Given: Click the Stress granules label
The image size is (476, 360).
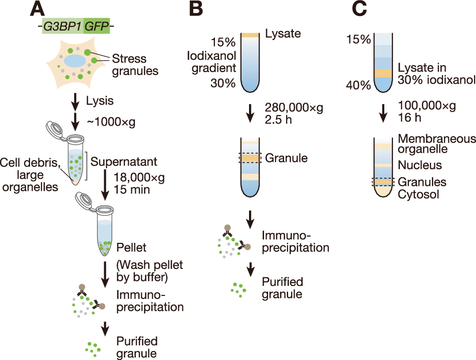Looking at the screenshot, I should (134, 64).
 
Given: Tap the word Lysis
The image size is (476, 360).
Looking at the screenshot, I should (100, 101).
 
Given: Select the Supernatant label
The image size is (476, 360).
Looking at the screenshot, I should (123, 162).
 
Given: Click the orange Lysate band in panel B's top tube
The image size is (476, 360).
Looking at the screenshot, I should (250, 35).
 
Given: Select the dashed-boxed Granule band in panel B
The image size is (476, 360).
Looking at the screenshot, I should (250, 158).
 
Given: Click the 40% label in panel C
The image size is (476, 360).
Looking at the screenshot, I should (358, 85).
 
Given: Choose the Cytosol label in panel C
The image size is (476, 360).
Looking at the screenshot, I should (418, 193).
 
